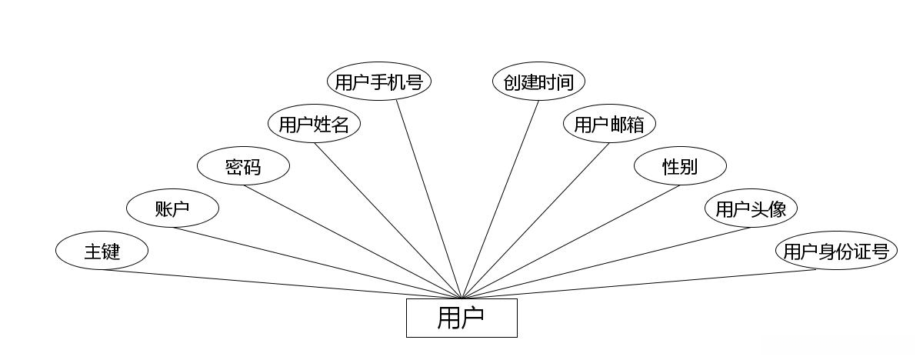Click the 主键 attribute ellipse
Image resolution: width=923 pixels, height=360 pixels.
click(102, 251)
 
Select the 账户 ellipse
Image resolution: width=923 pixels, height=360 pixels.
click(172, 208)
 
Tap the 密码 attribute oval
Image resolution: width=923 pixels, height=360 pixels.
click(243, 166)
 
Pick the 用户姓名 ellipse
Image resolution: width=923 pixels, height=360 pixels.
click(314, 124)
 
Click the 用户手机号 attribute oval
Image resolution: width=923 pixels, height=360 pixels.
click(378, 82)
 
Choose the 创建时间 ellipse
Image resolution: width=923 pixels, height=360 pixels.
click(538, 82)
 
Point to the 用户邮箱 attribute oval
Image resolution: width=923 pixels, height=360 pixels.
click(609, 124)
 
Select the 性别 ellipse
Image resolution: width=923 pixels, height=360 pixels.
click(680, 166)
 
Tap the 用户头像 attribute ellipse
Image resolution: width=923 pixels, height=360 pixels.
click(751, 208)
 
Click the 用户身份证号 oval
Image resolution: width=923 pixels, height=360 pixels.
click(836, 251)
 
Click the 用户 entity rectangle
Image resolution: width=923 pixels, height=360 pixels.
click(461, 318)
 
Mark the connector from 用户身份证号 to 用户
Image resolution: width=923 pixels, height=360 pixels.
click(638, 285)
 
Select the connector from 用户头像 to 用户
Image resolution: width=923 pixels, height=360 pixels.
click(606, 263)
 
